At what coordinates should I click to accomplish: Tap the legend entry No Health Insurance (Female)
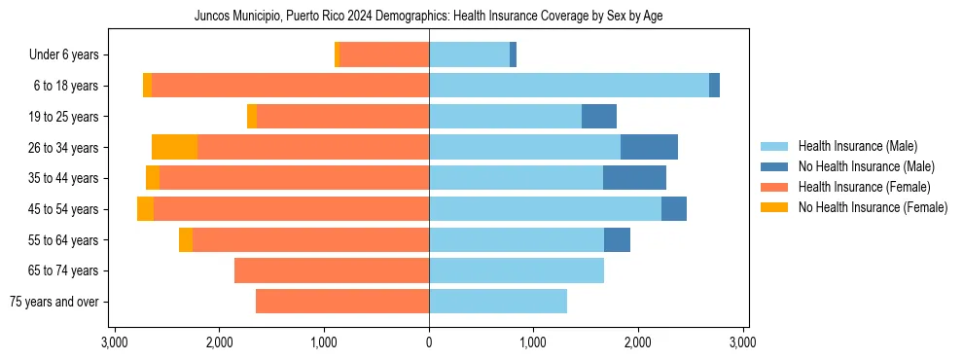click(x=873, y=207)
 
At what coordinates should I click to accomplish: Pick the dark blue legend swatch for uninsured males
click(x=774, y=166)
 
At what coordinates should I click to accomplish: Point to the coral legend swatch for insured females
click(x=774, y=187)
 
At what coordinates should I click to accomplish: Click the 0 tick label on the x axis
click(x=429, y=342)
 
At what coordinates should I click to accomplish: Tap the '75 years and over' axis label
click(x=54, y=302)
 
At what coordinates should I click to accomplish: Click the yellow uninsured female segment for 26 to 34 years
click(x=175, y=147)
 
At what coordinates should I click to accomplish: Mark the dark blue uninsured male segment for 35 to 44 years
click(x=634, y=178)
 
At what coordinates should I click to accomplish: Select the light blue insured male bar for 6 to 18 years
click(x=569, y=86)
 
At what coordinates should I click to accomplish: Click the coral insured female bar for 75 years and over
click(x=342, y=302)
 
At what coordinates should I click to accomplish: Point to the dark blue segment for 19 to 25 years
click(x=599, y=117)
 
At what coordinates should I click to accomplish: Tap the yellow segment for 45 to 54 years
click(x=145, y=209)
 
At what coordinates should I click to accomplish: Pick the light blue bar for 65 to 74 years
click(x=517, y=270)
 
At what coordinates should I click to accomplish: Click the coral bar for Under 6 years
click(x=384, y=54)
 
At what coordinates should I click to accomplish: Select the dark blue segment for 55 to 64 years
click(x=617, y=239)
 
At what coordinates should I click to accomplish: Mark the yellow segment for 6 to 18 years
click(x=147, y=86)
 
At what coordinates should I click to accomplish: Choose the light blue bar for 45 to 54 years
click(x=545, y=209)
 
